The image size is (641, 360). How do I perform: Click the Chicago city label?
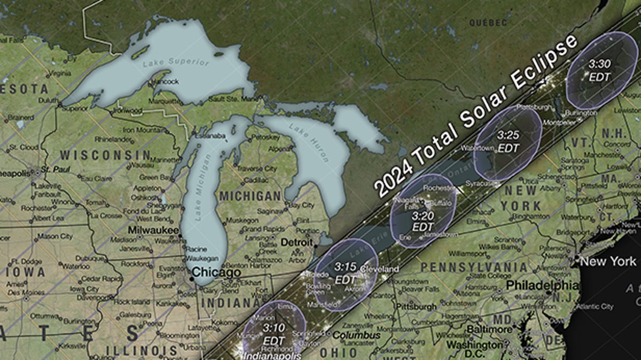click(216, 272)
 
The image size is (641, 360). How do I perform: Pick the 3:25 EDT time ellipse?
click(507, 143)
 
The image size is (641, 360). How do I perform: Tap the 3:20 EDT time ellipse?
click(423, 211)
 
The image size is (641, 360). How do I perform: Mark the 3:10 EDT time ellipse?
click(275, 330)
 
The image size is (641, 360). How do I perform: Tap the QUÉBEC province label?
click(488, 22)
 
